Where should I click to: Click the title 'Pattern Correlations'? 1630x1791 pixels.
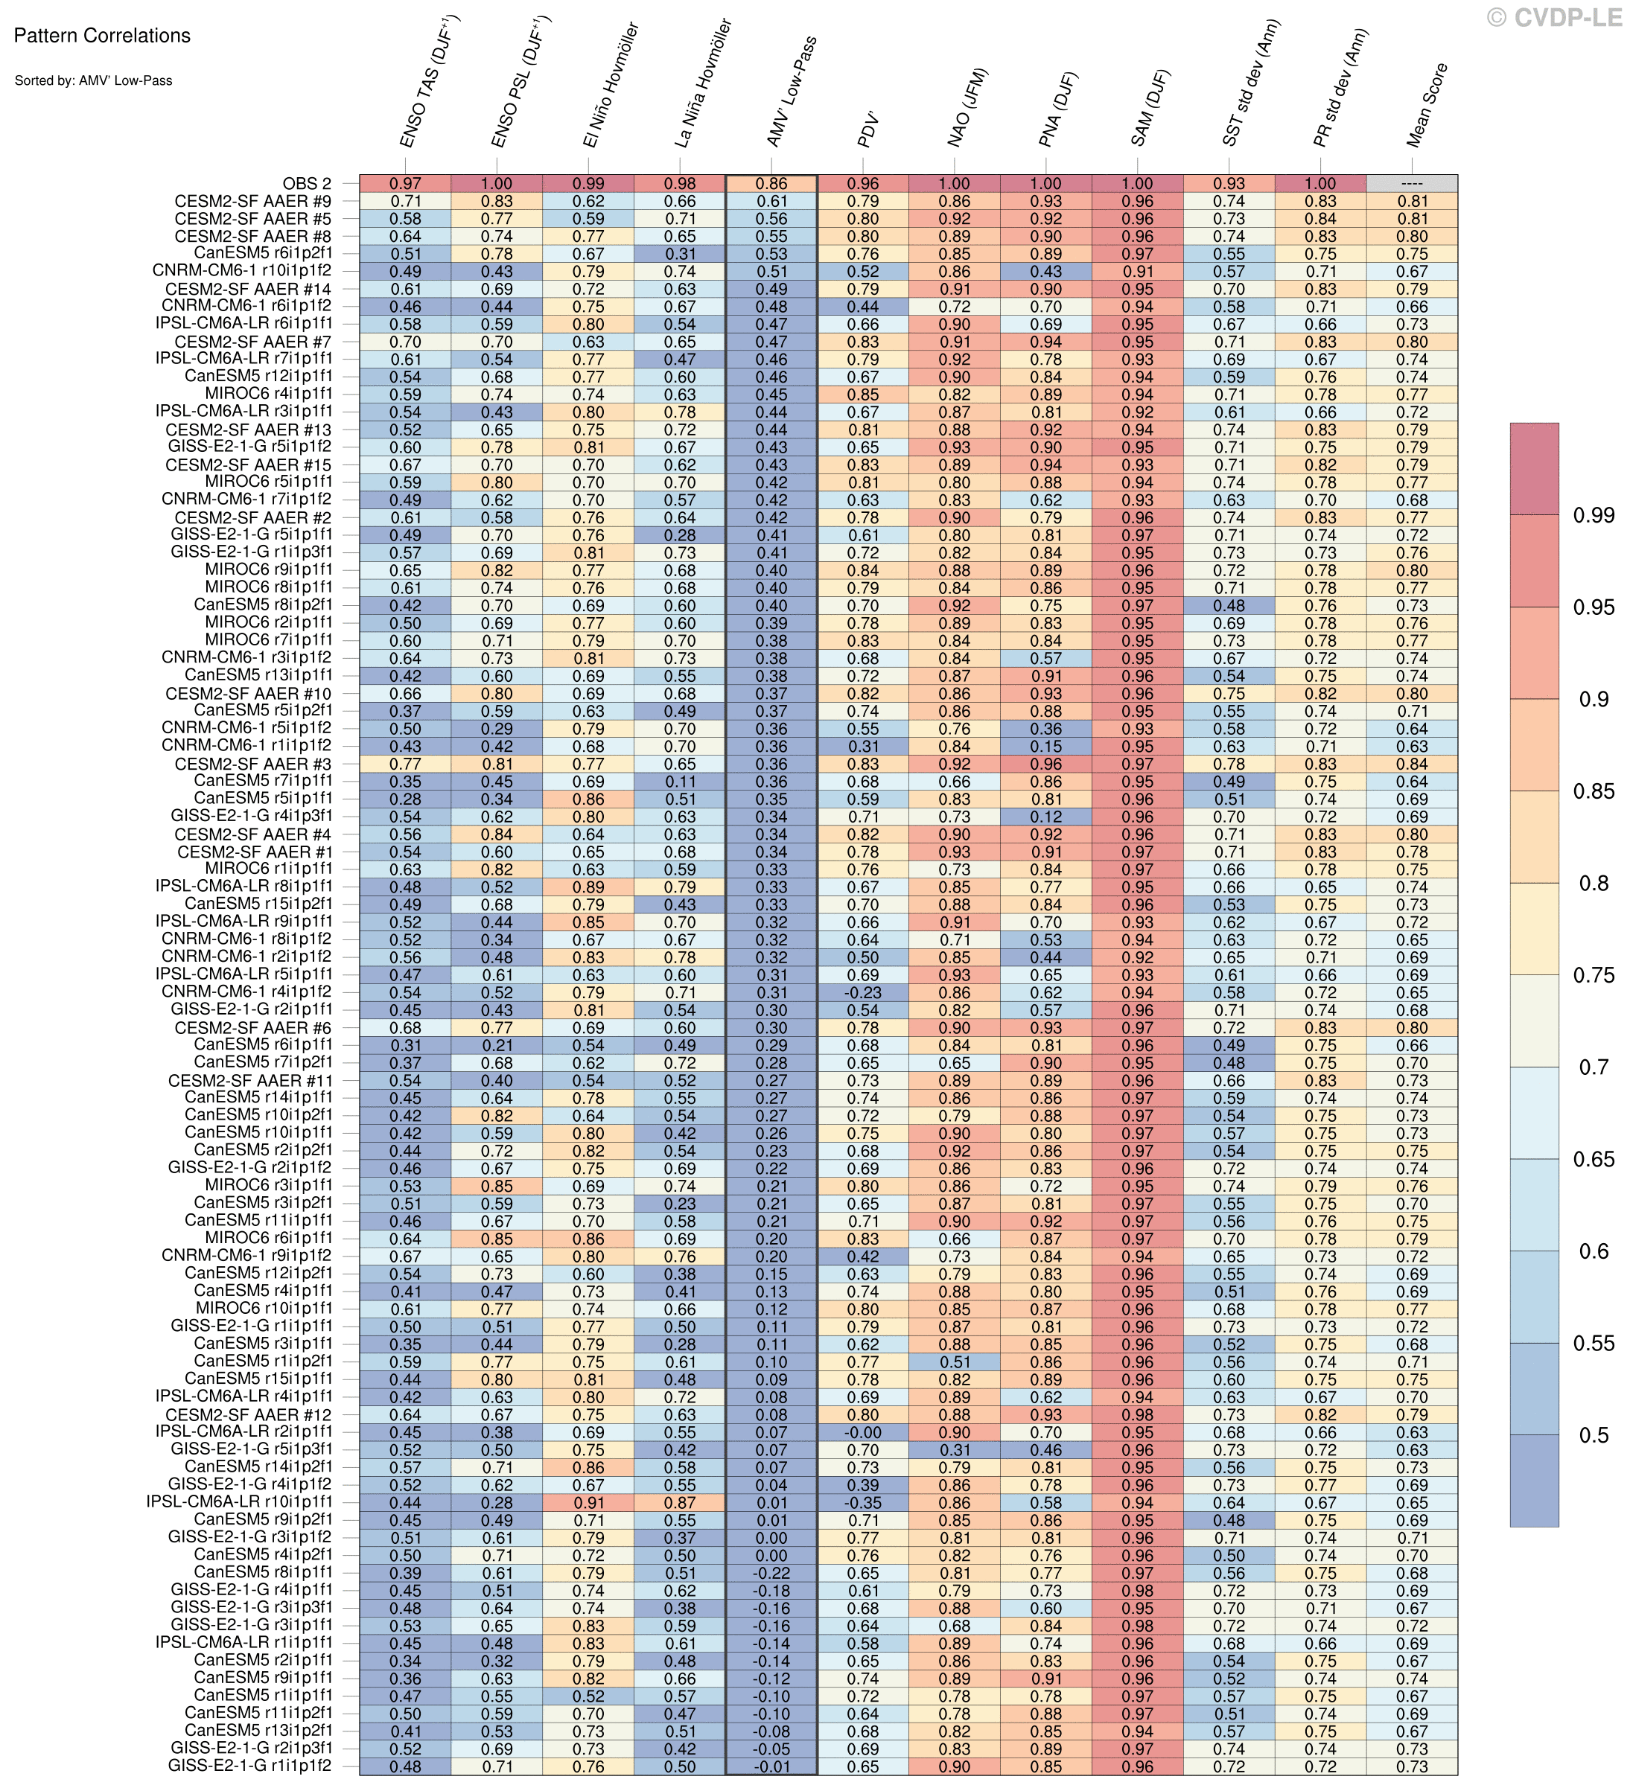[x=102, y=36]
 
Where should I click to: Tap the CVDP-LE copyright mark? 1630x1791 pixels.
[x=1555, y=17]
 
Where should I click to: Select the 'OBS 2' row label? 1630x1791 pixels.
[x=307, y=184]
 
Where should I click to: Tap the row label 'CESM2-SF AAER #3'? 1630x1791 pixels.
[x=253, y=764]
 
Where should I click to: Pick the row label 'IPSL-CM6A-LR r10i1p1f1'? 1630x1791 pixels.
[x=240, y=1502]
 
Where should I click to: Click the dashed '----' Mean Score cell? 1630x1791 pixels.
[x=1411, y=184]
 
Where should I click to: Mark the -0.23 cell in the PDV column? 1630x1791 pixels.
[x=862, y=992]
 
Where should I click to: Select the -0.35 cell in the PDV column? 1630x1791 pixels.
[x=862, y=1502]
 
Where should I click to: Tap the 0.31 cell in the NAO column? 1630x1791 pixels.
[x=954, y=1450]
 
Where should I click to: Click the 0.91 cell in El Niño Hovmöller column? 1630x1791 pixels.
[x=588, y=1502]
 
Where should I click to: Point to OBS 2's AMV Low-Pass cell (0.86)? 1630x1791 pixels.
[x=771, y=184]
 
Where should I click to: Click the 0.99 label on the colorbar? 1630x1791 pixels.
[x=1593, y=515]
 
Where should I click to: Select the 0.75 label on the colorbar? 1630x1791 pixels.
[x=1593, y=975]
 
